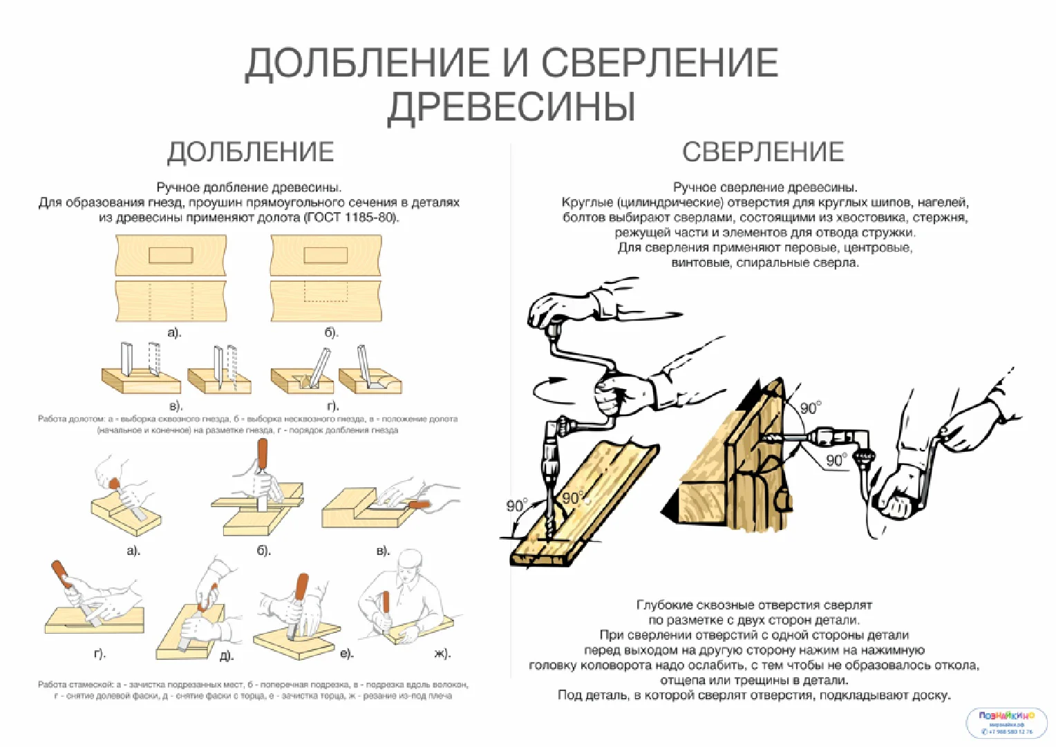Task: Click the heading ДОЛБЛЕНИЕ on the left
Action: pos(251,152)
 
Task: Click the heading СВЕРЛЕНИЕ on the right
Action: pos(763,152)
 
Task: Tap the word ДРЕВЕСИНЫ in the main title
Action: pos(511,106)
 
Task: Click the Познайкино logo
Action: pos(1007,722)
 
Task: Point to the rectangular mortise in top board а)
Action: pos(171,255)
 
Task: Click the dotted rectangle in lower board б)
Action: pos(326,292)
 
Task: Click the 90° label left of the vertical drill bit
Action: pos(516,506)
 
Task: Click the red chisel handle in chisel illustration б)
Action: pos(263,453)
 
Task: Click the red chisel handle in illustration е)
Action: pos(301,587)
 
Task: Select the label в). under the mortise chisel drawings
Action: pos(176,406)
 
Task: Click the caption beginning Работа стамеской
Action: pos(253,690)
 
